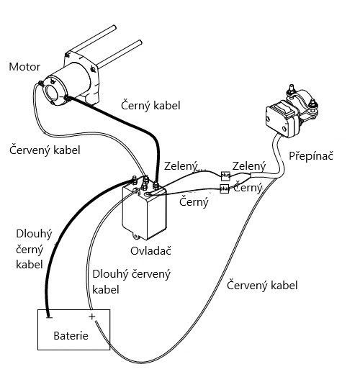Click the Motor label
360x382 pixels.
[24, 67]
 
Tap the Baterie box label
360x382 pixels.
[71, 336]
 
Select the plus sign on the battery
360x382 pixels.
[92, 317]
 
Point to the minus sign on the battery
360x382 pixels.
[49, 317]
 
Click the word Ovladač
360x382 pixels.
[150, 251]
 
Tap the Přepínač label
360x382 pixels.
[311, 155]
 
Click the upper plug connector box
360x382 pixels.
[225, 176]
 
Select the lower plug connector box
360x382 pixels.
[225, 188]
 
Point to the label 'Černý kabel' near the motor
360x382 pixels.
[150, 106]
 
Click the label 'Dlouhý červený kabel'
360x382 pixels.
[131, 282]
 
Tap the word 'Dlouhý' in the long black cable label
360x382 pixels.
[34, 234]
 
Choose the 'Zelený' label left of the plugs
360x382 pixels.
[181, 166]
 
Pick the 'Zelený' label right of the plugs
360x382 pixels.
[249, 166]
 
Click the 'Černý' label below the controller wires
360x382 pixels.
[194, 201]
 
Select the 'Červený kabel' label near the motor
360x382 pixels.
[45, 150]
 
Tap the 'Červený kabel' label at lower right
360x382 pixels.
[262, 285]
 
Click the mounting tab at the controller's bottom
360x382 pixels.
[136, 235]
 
